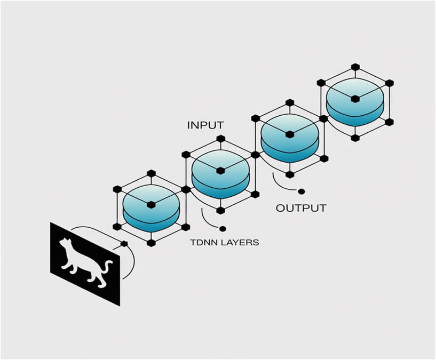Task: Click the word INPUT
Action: (x=205, y=126)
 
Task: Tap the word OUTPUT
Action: (x=300, y=208)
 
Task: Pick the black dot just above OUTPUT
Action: (x=301, y=191)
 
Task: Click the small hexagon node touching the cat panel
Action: (x=124, y=244)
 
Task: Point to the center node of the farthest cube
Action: (x=355, y=99)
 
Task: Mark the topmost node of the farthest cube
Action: (x=355, y=67)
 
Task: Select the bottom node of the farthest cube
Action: (x=355, y=138)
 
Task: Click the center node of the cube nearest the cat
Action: (x=151, y=204)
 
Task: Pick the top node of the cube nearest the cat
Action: (x=151, y=173)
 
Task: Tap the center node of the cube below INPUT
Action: (x=220, y=170)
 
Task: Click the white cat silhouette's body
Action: (x=80, y=261)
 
